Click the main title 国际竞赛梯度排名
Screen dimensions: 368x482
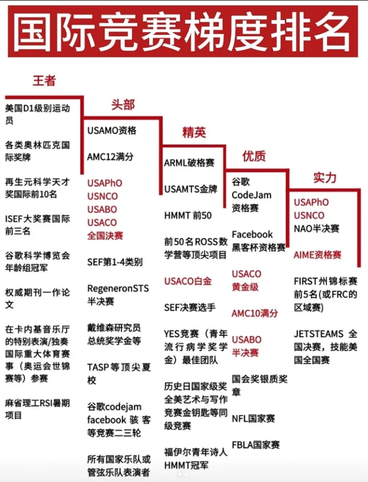(x=182, y=31)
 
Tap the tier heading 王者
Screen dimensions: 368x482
(x=44, y=81)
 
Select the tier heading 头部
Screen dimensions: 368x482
(x=123, y=105)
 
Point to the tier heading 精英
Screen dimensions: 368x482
(x=194, y=132)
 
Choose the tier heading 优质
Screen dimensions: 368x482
(x=254, y=156)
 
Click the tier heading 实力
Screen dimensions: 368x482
(x=325, y=178)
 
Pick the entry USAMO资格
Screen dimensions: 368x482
(x=112, y=130)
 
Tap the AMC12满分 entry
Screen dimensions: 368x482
(x=110, y=157)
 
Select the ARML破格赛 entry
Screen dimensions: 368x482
(x=189, y=163)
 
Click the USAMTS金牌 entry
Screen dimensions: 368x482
(x=191, y=189)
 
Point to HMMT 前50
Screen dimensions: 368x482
(x=188, y=215)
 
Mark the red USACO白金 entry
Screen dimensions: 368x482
(x=188, y=281)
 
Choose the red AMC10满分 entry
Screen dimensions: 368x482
(x=255, y=313)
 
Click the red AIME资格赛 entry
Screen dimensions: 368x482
(x=318, y=255)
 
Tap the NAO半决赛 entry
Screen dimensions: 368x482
(x=316, y=228)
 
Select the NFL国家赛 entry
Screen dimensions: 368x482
(x=254, y=418)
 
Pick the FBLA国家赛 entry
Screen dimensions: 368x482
(x=256, y=445)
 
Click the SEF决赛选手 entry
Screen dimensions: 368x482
(x=190, y=308)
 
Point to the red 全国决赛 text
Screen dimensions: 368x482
(x=105, y=236)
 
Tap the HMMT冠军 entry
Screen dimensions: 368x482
(x=186, y=465)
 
